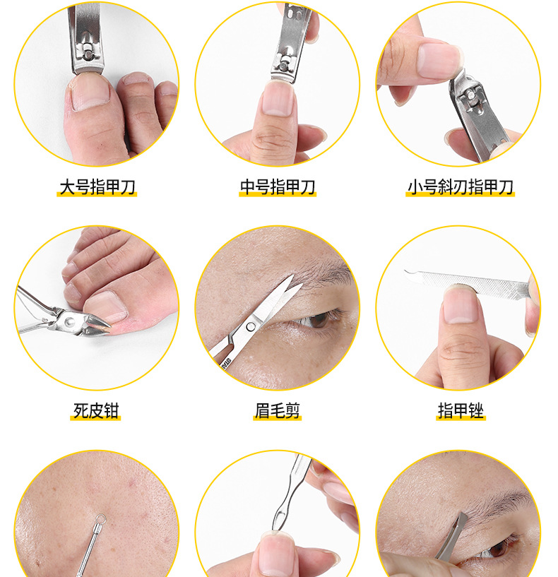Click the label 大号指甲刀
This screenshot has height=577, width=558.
[x=97, y=187]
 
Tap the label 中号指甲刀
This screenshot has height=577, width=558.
[x=278, y=187]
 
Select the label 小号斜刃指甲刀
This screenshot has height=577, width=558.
[x=460, y=187]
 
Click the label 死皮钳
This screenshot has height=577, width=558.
[x=95, y=410]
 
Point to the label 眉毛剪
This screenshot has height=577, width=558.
[x=278, y=410]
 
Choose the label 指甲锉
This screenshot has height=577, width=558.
[x=461, y=410]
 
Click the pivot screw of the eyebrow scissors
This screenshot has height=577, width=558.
[x=251, y=326]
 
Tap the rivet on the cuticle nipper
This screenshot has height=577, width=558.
[x=69, y=322]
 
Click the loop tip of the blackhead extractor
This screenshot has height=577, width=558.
[x=100, y=519]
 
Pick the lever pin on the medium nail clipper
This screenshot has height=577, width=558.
[x=283, y=66]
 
